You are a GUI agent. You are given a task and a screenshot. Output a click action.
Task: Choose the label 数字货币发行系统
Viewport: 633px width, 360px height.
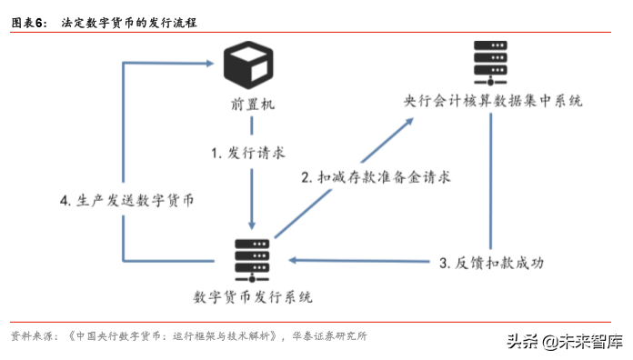pos(253,297)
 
